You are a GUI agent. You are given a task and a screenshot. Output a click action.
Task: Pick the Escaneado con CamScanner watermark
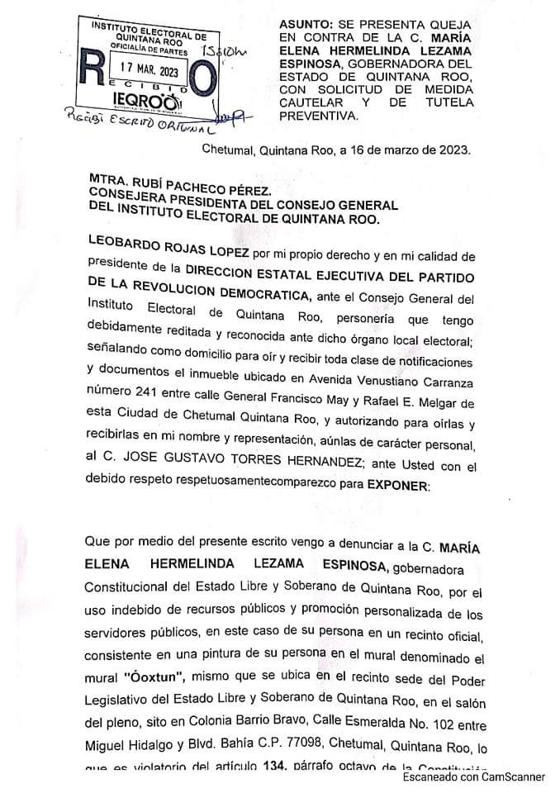point(474,778)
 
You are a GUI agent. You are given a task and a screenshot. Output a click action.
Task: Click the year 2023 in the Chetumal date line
point(452,151)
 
